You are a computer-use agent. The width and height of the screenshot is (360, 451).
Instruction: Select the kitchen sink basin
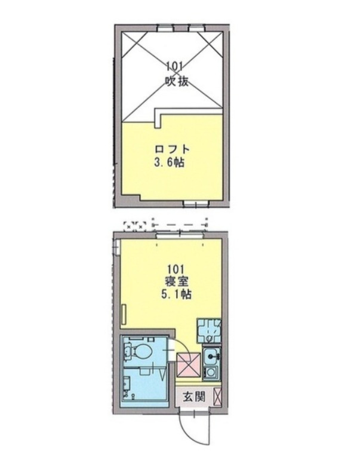click(211, 358)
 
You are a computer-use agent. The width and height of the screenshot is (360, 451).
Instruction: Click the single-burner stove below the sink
click(211, 373)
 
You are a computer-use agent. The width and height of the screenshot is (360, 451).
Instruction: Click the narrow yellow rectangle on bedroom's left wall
click(124, 314)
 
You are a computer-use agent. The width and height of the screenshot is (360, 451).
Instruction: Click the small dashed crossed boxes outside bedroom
click(134, 226)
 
